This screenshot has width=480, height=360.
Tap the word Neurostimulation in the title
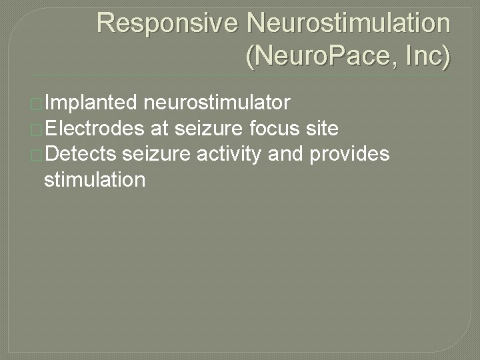[348, 23]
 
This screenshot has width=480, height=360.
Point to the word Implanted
[92, 103]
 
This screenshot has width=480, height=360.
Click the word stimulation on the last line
[93, 179]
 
